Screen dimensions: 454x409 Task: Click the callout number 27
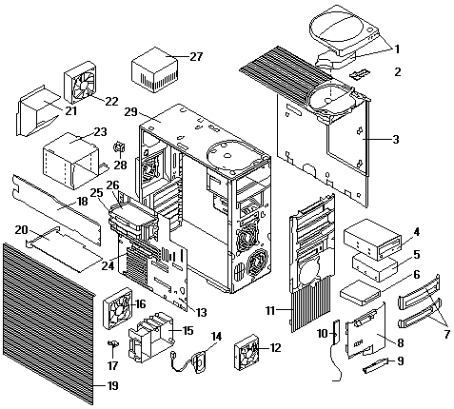[x=196, y=57]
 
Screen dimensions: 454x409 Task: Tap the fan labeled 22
[x=80, y=83]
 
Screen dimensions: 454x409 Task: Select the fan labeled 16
[x=118, y=308]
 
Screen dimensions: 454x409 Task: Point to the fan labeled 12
[x=247, y=352]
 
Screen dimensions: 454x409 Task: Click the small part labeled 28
[x=120, y=147]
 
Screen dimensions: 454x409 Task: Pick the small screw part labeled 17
[x=113, y=343]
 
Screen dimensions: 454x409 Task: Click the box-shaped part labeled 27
[x=155, y=69]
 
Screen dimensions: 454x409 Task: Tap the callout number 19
[x=112, y=386]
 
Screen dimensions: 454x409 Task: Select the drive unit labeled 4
[x=372, y=240]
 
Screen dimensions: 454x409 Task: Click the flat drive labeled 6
[x=360, y=293]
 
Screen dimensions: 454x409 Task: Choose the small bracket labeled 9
[x=376, y=365]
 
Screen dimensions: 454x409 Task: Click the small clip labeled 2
[x=360, y=74]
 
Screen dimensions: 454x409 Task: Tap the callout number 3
[x=395, y=140]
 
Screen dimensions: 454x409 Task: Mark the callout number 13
[x=201, y=313]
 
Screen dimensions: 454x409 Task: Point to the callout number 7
[x=446, y=334]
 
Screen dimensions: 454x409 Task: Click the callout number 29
[x=130, y=112]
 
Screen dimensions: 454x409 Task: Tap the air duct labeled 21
[x=38, y=111]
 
